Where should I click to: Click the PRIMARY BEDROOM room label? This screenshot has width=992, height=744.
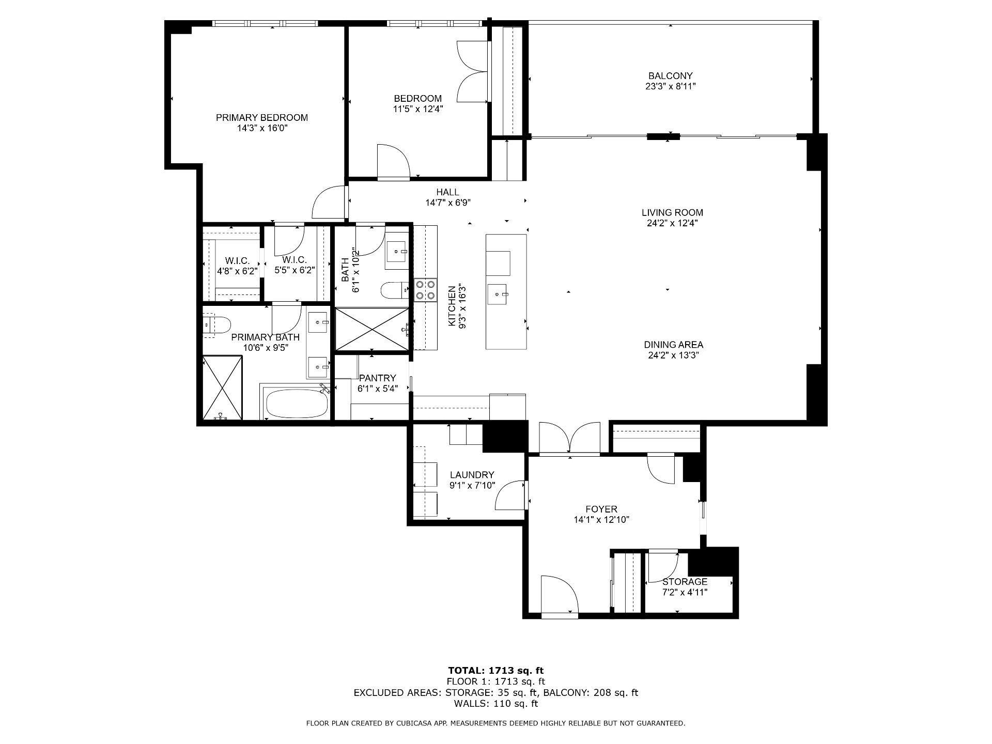[261, 118]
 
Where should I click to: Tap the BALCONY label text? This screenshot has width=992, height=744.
[670, 76]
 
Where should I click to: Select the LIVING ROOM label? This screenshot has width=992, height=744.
[672, 212]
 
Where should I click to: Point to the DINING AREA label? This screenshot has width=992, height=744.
[673, 345]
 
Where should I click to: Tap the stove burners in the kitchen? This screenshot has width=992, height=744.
[425, 290]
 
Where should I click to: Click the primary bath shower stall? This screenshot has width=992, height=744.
[222, 388]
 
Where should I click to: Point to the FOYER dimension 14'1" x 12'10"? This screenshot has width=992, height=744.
[601, 520]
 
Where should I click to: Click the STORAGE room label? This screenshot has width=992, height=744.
[685, 582]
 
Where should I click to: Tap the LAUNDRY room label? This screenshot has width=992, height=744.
[472, 475]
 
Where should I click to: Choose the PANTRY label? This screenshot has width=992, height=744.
[377, 378]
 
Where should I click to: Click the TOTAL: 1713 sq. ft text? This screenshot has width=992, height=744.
[496, 671]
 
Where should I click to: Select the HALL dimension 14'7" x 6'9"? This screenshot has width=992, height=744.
[447, 203]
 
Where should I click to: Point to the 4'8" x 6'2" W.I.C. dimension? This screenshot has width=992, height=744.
[237, 270]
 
